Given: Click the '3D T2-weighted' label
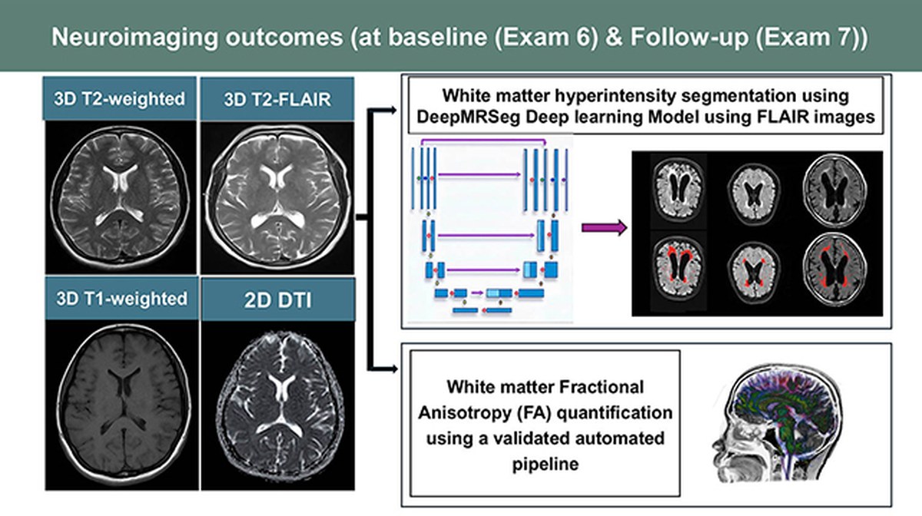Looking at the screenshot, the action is [119, 99].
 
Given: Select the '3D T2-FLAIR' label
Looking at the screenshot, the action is [277, 100].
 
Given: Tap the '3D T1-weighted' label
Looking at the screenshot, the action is [122, 299].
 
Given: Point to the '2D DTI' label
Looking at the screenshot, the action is [278, 300].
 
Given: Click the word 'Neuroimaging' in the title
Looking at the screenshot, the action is [135, 37].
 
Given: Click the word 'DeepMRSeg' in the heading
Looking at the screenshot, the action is [469, 117].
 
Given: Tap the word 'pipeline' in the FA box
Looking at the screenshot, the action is [546, 464].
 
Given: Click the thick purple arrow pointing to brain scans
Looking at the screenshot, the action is [604, 227].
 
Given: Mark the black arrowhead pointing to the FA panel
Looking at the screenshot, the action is [393, 369].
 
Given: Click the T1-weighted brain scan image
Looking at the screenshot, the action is [122, 405].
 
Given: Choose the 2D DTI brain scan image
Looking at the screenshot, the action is [278, 405].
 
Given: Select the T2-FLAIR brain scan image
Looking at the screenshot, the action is [277, 197].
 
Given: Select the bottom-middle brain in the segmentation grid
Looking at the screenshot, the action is [754, 272].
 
